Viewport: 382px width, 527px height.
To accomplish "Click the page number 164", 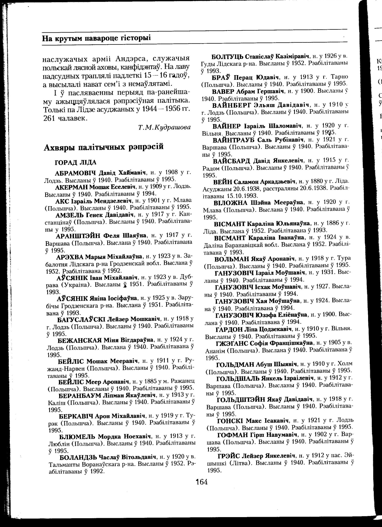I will pos(201,482).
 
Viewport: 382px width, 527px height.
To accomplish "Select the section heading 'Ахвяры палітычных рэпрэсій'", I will pos(103,147).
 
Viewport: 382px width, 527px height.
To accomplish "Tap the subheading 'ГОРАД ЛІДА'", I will pos(76,162).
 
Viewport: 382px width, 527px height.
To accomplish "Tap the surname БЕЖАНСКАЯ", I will pos(79,340).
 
